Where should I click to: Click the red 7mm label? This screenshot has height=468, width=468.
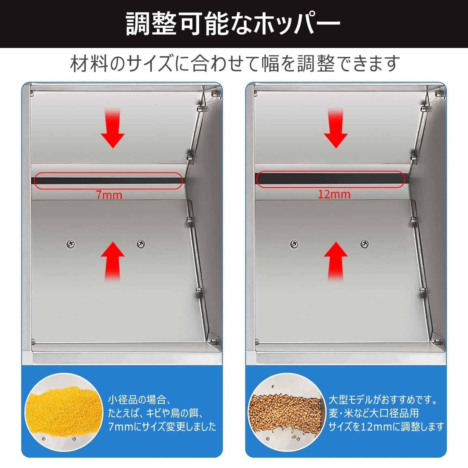(109, 195)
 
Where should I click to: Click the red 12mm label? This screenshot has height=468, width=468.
(334, 195)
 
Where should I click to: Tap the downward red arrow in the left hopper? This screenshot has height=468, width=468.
(113, 128)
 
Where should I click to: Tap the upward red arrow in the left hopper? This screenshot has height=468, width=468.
(113, 261)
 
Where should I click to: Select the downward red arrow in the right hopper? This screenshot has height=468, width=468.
(335, 128)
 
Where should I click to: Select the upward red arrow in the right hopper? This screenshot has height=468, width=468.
(335, 261)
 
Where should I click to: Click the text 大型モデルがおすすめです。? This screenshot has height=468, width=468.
(383, 400)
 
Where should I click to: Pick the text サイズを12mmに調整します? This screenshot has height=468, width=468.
(386, 427)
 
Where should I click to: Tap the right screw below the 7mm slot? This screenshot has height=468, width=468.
(141, 244)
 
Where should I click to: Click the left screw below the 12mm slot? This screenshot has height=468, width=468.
(294, 244)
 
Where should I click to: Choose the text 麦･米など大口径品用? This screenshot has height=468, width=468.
(374, 413)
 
